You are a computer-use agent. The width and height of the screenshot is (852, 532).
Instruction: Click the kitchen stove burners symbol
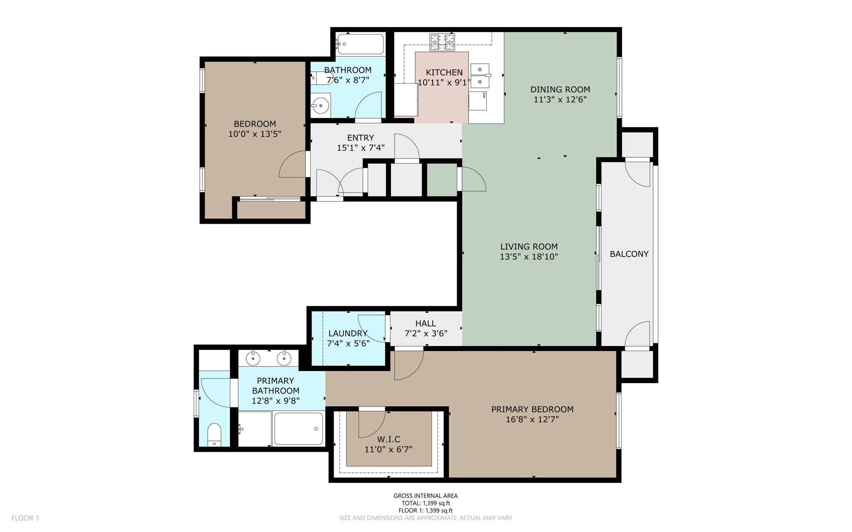coord(442,42)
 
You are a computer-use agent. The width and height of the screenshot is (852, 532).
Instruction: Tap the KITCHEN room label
coord(444,72)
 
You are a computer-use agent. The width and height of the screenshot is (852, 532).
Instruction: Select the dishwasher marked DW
coord(478,101)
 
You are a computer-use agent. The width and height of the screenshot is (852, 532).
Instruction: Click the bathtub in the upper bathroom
coord(360,44)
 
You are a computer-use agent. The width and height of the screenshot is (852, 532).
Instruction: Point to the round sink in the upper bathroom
coord(321,106)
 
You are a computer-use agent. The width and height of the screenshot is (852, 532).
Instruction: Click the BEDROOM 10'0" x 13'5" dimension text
coord(255,134)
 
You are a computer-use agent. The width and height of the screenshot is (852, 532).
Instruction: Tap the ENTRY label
coord(360,138)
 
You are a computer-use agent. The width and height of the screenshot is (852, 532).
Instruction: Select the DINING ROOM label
coord(560,89)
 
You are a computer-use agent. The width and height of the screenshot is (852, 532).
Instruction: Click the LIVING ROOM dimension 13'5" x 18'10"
coord(529,257)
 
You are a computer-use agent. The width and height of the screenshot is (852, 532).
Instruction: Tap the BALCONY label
coord(629,254)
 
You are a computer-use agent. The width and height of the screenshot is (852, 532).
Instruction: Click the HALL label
coord(426,323)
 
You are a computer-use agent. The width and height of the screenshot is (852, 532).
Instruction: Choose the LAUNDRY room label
coord(348,333)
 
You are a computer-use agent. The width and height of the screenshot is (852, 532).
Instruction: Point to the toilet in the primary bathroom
coord(214,434)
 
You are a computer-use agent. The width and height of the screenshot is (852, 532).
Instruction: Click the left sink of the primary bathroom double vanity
coord(253,358)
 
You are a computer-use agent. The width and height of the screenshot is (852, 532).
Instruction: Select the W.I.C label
coord(389,439)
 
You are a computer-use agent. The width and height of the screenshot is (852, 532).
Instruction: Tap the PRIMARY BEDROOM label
coord(532,409)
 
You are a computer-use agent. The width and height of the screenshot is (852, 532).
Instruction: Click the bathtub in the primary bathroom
coord(299,428)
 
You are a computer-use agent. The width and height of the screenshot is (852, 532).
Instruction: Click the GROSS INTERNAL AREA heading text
coord(426,495)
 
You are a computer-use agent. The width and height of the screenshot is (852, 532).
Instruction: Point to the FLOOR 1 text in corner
coord(25,518)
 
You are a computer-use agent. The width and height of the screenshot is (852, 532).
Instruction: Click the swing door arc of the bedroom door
coord(287,158)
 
